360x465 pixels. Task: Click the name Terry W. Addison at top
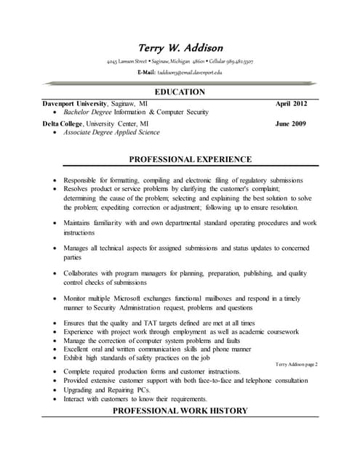pos(180,48)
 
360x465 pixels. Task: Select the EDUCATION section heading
pos(180,92)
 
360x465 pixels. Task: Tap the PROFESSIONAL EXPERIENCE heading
pos(191,159)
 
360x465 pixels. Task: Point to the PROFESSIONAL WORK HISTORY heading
pos(180,411)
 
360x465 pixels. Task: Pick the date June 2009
pos(291,124)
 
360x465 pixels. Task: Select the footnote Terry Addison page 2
pos(297,363)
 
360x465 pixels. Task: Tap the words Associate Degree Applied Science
pos(111,133)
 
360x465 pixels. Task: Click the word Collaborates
pos(86,273)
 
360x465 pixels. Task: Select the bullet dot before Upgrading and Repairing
pos(56,390)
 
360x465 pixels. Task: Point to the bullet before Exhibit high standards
pos(56,358)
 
